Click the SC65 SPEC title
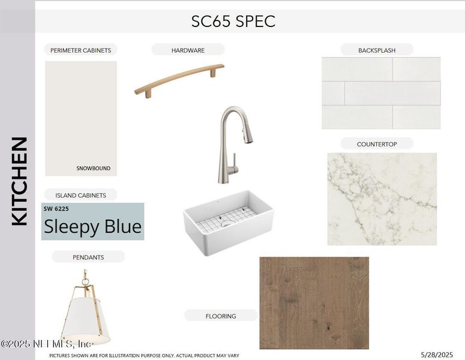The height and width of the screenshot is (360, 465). click(x=233, y=22)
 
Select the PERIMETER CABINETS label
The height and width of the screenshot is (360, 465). click(x=80, y=50)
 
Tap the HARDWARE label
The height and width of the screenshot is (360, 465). click(x=188, y=50)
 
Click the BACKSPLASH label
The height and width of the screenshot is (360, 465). click(x=377, y=50)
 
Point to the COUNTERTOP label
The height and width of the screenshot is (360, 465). click(x=377, y=144)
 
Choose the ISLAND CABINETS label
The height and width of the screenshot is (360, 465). click(x=80, y=195)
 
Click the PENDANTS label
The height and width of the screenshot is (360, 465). click(x=88, y=257)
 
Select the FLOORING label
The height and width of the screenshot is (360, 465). click(x=221, y=316)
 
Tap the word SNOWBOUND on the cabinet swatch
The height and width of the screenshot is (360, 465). click(x=93, y=169)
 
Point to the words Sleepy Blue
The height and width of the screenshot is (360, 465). click(x=92, y=226)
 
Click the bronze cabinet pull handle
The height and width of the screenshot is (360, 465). click(x=179, y=79)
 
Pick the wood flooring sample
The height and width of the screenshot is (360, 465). click(x=314, y=302)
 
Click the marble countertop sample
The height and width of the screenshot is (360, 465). click(x=382, y=199)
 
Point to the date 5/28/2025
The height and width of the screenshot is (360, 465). click(x=437, y=355)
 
